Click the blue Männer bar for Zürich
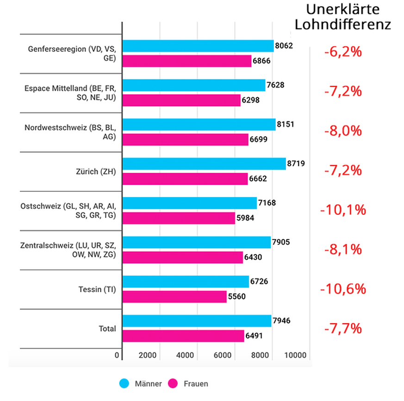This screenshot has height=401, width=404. pyautogui.click(x=204, y=164)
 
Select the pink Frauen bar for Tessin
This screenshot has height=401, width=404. pyautogui.click(x=174, y=297)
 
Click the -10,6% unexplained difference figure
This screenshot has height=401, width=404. pyautogui.click(x=343, y=289)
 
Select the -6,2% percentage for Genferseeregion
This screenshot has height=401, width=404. pyautogui.click(x=342, y=52)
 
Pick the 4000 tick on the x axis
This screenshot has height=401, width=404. pyautogui.click(x=185, y=356)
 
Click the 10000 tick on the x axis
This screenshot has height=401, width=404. pyautogui.click(x=296, y=356)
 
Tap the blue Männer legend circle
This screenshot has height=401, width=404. pyautogui.click(x=124, y=383)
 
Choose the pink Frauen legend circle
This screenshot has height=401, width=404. pyautogui.click(x=173, y=383)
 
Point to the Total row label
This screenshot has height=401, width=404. pyautogui.click(x=107, y=329)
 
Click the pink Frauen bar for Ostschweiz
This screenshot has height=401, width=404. pyautogui.click(x=179, y=218)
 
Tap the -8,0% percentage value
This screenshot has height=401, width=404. pyautogui.click(x=342, y=131)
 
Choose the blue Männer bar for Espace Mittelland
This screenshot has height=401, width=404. pyautogui.click(x=194, y=85)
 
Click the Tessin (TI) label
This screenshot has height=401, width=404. pyautogui.click(x=97, y=290)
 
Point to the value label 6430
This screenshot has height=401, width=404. pyautogui.click(x=253, y=257)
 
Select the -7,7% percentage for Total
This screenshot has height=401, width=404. pyautogui.click(x=342, y=329)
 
